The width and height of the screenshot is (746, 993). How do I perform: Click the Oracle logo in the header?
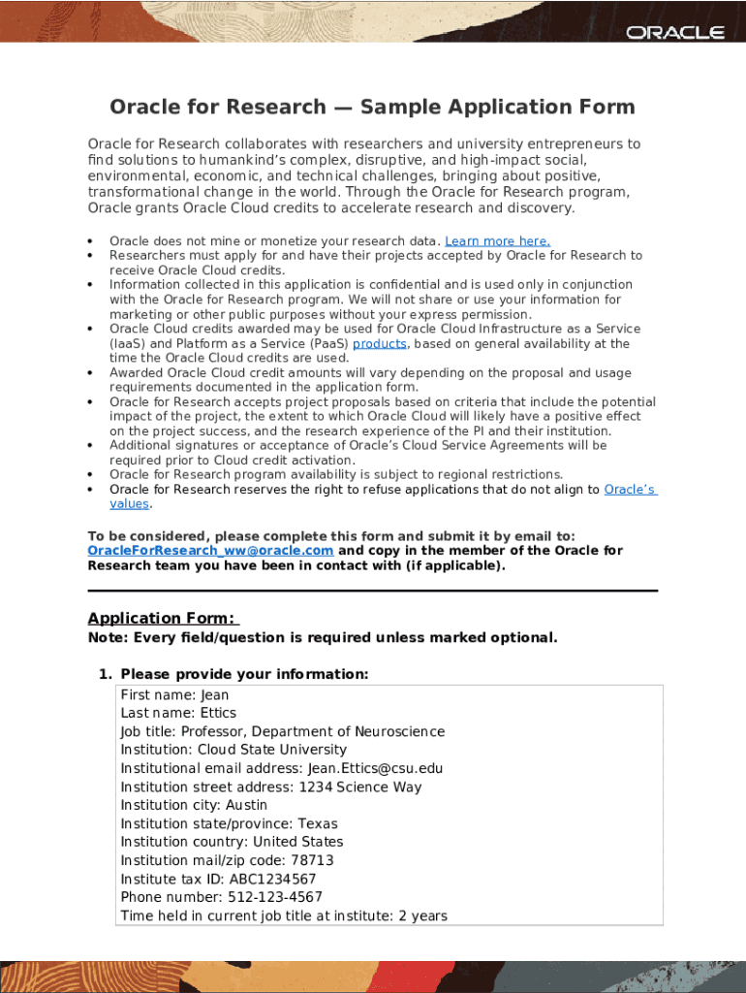pos(674,32)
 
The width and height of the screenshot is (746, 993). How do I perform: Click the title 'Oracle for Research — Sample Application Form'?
pos(372,107)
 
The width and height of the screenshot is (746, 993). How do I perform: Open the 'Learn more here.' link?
pos(497,241)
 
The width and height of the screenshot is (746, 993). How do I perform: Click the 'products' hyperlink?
pos(379,344)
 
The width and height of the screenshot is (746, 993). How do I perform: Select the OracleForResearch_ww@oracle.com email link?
pos(210,551)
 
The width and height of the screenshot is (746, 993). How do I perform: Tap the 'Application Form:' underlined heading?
pos(163,619)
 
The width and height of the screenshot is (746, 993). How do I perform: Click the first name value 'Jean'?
pos(214,695)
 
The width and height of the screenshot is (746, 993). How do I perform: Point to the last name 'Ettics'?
pos(217,714)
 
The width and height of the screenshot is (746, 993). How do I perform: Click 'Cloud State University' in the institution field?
pos(271,751)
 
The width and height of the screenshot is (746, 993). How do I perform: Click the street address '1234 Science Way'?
pos(359,787)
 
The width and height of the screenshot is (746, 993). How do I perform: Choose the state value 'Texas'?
pos(317,824)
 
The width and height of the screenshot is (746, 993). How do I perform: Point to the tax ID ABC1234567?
pos(272,880)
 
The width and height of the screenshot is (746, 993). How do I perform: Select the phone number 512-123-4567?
pos(274,898)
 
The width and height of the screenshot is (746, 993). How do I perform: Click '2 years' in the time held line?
pos(422,916)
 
